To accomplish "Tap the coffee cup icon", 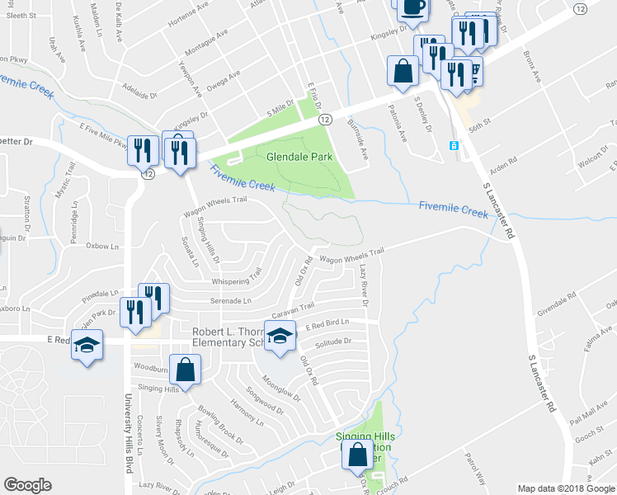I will coord(412,8).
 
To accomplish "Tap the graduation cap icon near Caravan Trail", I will coord(280,337).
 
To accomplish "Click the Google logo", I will coord(27,485).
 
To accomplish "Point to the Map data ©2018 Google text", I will coord(566,488).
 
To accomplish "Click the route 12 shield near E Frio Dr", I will coord(325,120).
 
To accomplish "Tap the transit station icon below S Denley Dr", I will coord(453,145).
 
